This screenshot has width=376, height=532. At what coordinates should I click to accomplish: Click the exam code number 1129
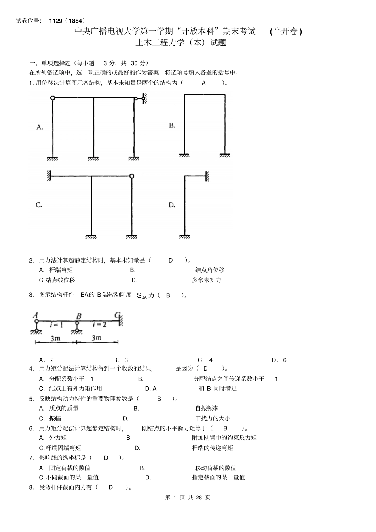click(56, 21)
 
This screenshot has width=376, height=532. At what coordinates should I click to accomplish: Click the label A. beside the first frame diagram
click(40, 127)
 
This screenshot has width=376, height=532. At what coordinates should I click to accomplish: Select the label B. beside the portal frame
click(172, 125)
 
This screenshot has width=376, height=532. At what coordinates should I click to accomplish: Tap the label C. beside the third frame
click(39, 205)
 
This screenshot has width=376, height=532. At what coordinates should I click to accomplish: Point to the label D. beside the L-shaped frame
click(172, 205)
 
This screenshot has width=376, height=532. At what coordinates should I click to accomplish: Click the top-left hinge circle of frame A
click(52, 98)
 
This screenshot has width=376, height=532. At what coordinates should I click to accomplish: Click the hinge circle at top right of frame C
click(132, 176)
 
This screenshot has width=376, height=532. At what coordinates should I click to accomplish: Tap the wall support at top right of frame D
click(207, 176)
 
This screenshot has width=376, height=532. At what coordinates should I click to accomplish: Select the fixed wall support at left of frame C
click(49, 176)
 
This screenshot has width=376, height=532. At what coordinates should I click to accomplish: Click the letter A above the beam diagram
click(36, 315)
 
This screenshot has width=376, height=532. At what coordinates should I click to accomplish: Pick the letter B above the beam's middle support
click(78, 316)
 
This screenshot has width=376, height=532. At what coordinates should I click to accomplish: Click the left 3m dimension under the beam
click(55, 338)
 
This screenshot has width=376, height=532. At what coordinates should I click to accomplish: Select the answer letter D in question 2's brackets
click(171, 260)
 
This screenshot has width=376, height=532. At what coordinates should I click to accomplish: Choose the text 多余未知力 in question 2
click(207, 280)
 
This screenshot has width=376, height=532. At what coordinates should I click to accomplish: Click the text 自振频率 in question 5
click(207, 408)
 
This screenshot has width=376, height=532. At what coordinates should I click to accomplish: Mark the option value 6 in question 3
click(285, 360)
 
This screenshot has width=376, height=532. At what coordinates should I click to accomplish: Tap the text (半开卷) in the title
click(286, 31)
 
